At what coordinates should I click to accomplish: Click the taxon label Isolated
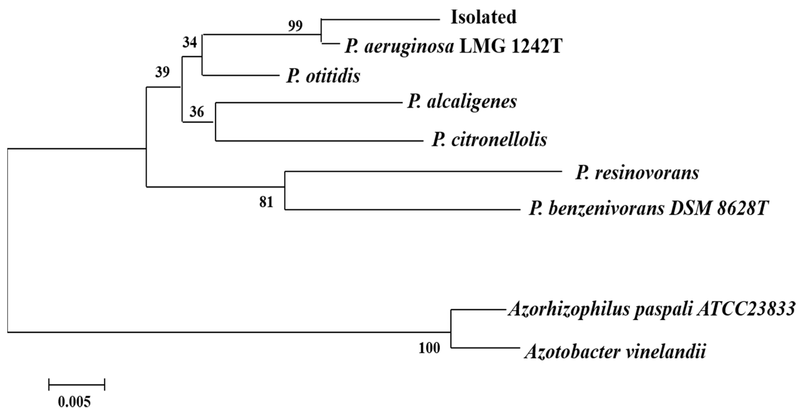[x=483, y=17]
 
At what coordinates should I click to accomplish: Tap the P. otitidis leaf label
[x=323, y=76]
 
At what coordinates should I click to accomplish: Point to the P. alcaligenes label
[x=462, y=102]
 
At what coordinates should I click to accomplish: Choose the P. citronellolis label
[x=489, y=140]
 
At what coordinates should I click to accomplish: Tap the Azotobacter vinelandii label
[x=615, y=352]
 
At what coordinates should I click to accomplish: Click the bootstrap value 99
[x=295, y=26]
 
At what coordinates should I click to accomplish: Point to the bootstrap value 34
[x=190, y=42]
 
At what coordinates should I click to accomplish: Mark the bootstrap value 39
[x=162, y=72]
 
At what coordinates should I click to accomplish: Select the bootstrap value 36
[x=197, y=112]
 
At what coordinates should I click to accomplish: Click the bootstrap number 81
[x=266, y=202]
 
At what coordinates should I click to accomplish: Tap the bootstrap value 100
[x=429, y=348]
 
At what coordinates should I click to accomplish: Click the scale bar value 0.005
[x=74, y=402]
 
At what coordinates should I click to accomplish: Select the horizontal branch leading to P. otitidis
[x=240, y=75]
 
